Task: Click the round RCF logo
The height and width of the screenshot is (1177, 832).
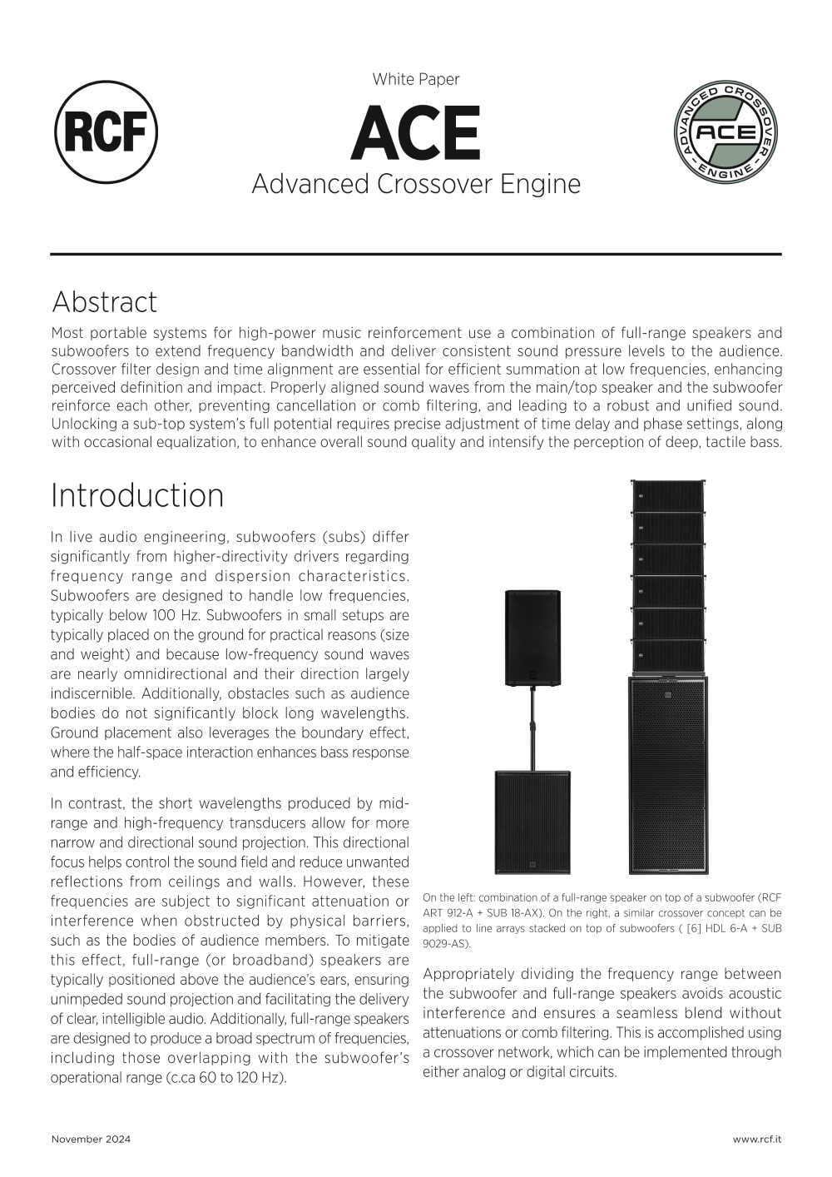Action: [x=106, y=132]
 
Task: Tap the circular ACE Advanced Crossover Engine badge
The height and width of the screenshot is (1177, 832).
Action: [x=726, y=132]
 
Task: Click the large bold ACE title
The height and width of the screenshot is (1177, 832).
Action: [x=415, y=133]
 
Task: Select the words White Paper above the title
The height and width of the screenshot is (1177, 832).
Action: [x=416, y=79]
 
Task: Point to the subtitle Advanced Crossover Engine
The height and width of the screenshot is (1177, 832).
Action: [x=416, y=183]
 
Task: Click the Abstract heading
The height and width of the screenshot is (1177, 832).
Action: [x=104, y=301]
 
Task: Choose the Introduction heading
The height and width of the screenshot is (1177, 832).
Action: [x=137, y=495]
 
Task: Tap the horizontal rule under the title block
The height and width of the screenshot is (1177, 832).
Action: [x=416, y=254]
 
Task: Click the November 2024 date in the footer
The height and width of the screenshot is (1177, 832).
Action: [x=91, y=1139]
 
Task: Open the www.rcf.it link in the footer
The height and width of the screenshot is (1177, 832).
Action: [x=757, y=1139]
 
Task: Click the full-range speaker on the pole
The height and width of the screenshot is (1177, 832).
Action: [x=532, y=637]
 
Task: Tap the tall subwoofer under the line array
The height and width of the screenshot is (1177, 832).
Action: [x=668, y=774]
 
